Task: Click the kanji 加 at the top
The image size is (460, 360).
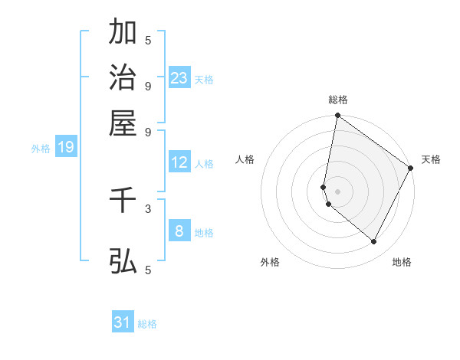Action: coord(123,33)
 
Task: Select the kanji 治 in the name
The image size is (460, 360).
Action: coord(123,78)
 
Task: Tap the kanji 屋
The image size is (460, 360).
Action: coord(123,123)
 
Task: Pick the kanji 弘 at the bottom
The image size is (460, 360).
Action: coord(123,261)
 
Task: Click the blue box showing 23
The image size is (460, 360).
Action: coord(179,78)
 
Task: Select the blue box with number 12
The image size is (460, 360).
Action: coord(179,162)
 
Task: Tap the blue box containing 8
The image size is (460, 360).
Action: coord(179,231)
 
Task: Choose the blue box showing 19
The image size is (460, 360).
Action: coord(65,148)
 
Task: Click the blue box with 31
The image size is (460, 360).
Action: coord(123,322)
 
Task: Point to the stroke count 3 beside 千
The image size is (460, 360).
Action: coord(148,208)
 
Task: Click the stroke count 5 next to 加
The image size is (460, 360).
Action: coord(148,40)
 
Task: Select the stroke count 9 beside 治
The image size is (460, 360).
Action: coord(148,85)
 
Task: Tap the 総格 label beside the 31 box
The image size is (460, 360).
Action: coord(148,324)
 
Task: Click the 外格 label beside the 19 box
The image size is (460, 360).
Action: coord(41,149)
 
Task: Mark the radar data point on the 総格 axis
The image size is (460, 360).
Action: coord(337,116)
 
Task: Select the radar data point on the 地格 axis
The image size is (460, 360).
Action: coord(374,242)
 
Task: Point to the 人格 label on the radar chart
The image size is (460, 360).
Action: coord(245,159)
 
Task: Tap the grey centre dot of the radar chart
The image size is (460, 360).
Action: coord(337,191)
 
